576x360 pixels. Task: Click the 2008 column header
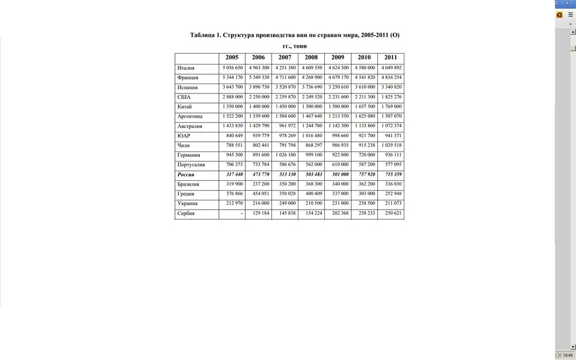click(311, 58)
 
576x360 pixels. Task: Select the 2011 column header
click(391, 58)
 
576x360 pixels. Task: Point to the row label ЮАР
click(184, 136)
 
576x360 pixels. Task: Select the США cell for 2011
click(391, 97)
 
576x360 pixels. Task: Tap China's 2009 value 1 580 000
click(338, 107)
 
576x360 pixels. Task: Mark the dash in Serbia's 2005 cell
click(241, 213)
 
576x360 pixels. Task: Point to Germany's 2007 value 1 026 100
click(285, 155)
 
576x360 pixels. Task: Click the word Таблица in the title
click(203, 35)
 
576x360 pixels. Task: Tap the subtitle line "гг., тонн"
click(294, 46)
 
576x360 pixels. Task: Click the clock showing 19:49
click(567, 355)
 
